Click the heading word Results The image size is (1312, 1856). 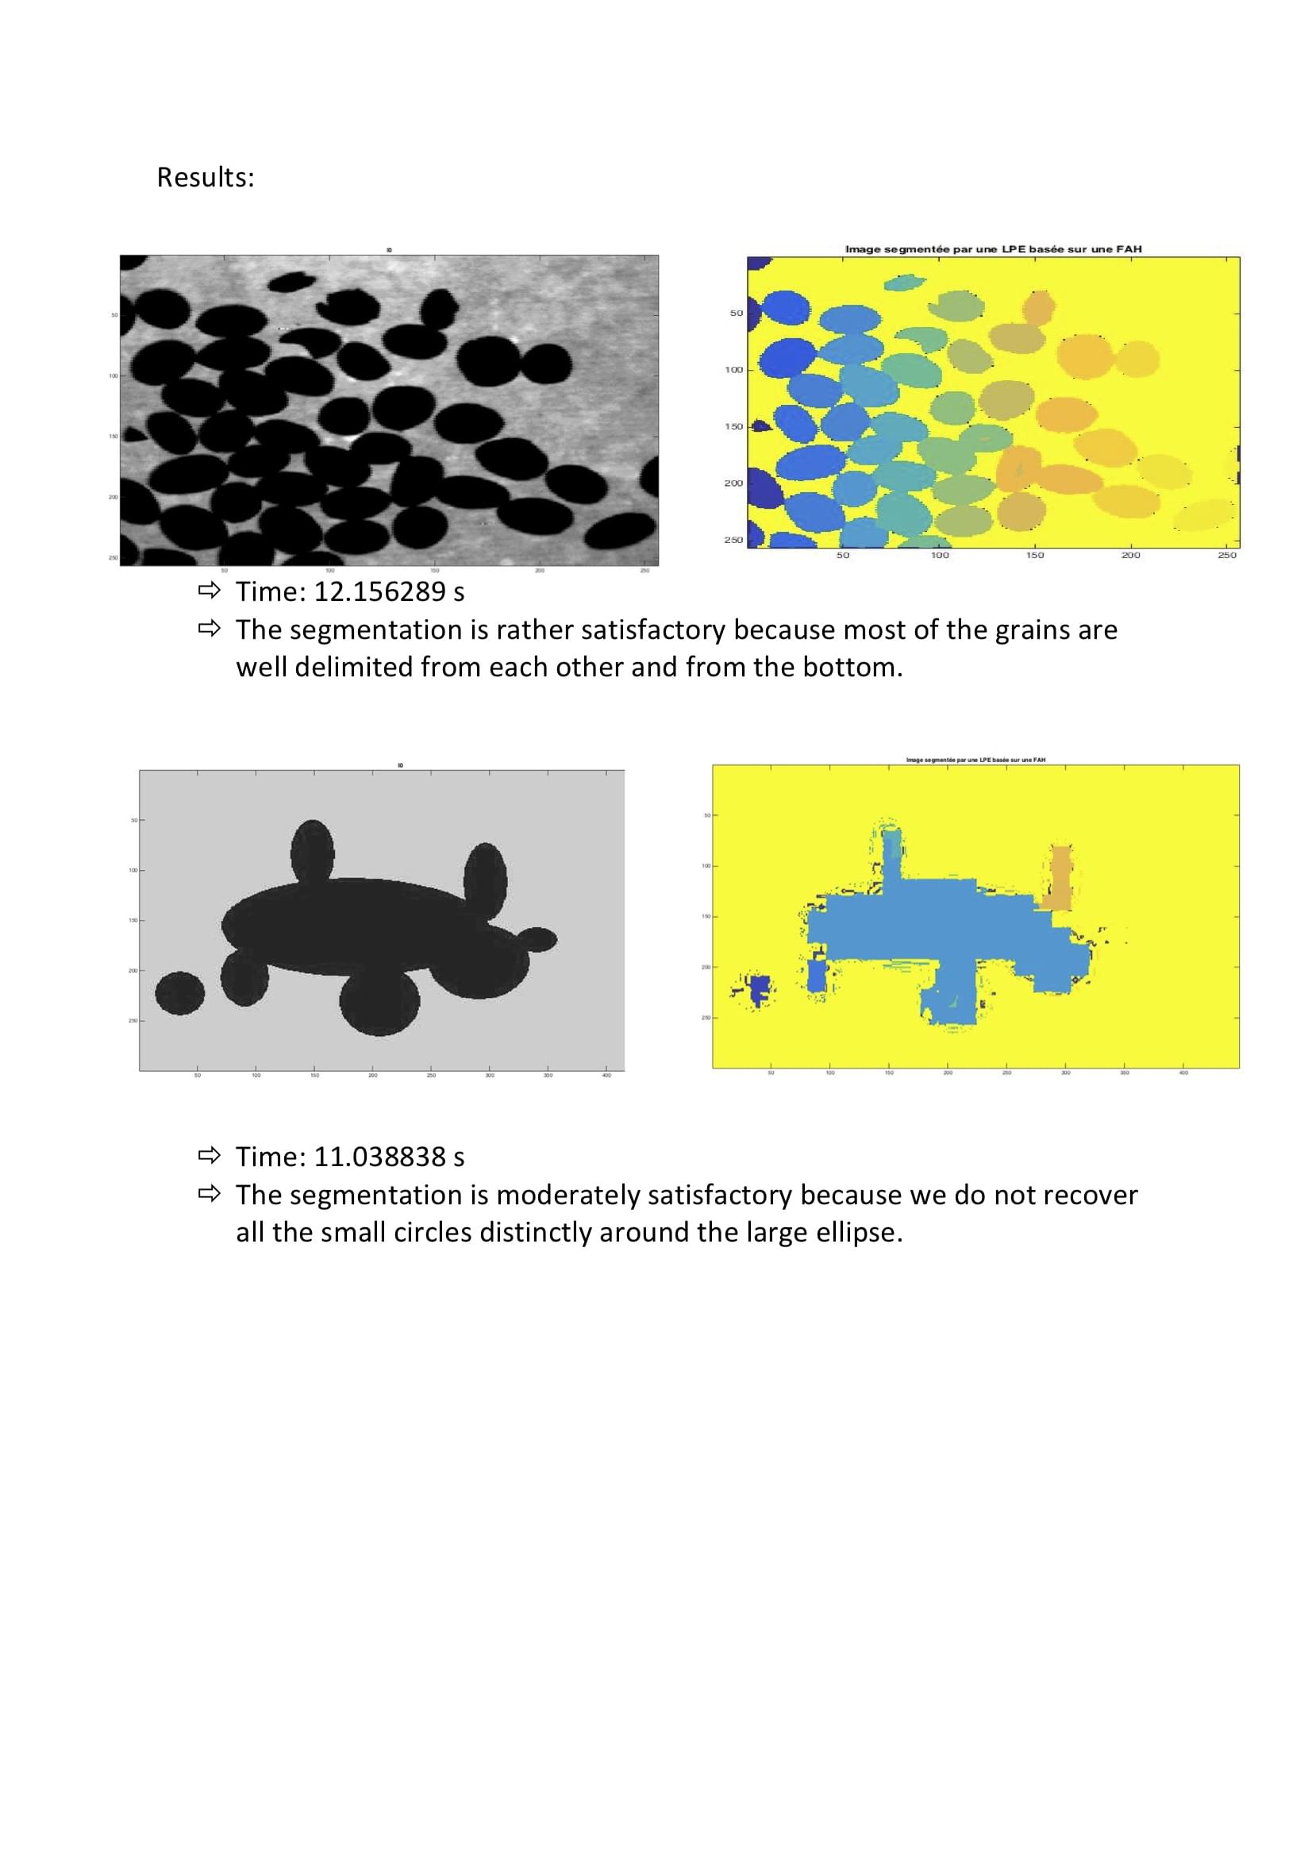[205, 177]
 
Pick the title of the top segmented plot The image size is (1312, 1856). [993, 249]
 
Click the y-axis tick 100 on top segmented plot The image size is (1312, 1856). [733, 369]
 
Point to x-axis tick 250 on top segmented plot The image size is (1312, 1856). [1226, 556]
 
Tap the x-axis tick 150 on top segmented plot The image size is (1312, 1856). [1035, 556]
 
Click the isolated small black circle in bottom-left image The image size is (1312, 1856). [179, 992]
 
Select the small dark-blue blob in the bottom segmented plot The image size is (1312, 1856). [759, 988]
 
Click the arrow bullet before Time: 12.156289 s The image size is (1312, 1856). [209, 591]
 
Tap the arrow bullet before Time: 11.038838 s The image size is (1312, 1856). [209, 1156]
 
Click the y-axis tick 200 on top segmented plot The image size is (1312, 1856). [733, 483]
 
